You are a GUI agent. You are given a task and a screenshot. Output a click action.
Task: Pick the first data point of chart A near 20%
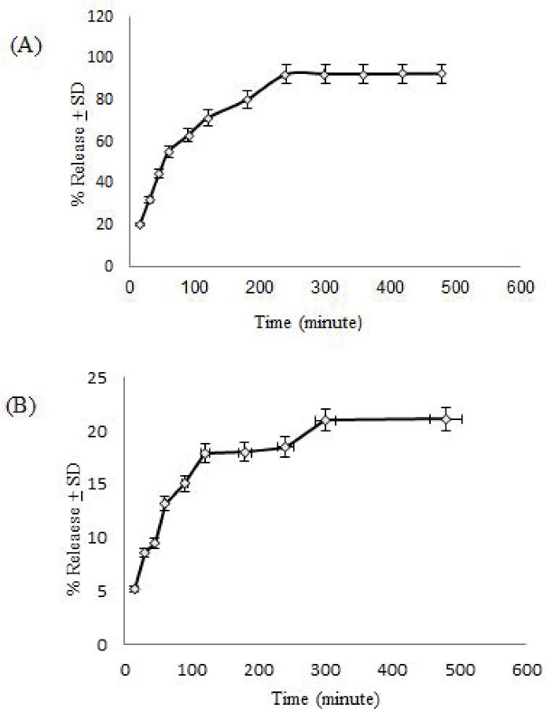(140, 224)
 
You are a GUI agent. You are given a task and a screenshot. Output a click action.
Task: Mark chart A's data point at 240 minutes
(286, 74)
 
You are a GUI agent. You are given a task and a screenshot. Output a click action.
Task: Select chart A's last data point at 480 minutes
(442, 74)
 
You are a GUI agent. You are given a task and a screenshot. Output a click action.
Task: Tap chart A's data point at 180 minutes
(247, 100)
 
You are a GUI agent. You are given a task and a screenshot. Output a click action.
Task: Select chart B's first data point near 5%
(134, 588)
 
